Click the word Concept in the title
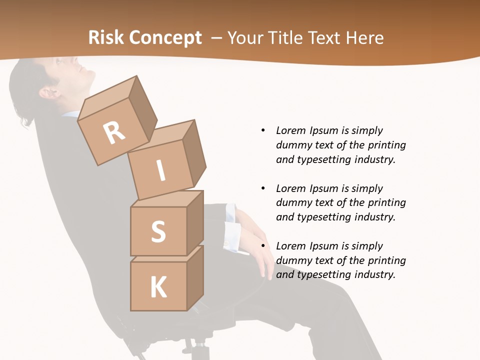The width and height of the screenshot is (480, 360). pos(165,37)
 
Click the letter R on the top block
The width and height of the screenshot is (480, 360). pos(114,133)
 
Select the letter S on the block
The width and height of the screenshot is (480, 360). pos(158,231)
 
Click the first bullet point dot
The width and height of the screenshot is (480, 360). pos(263,130)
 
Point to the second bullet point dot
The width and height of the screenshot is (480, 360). pos(263,188)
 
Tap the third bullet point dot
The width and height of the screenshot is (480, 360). pos(263,246)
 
